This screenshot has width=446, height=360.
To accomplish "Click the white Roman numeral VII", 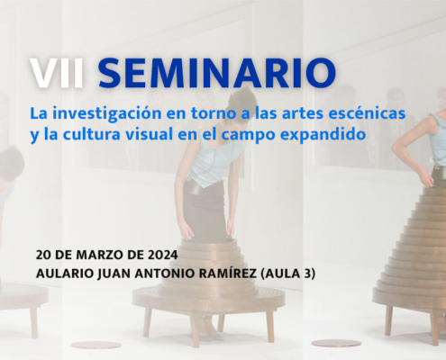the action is point(57,73).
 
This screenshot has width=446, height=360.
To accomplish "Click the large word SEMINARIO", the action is point(217,73).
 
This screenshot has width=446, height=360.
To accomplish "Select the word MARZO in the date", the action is point(100,255).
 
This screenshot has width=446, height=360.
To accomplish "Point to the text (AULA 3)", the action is point(288,274).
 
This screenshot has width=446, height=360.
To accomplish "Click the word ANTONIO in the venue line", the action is point(159,274).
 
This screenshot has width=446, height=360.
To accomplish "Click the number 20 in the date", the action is point(42,255).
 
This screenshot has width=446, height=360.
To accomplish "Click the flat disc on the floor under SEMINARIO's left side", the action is point(96,346).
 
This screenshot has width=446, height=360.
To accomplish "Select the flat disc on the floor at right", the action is point(336,343).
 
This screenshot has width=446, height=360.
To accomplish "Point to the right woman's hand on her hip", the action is point(426,180).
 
